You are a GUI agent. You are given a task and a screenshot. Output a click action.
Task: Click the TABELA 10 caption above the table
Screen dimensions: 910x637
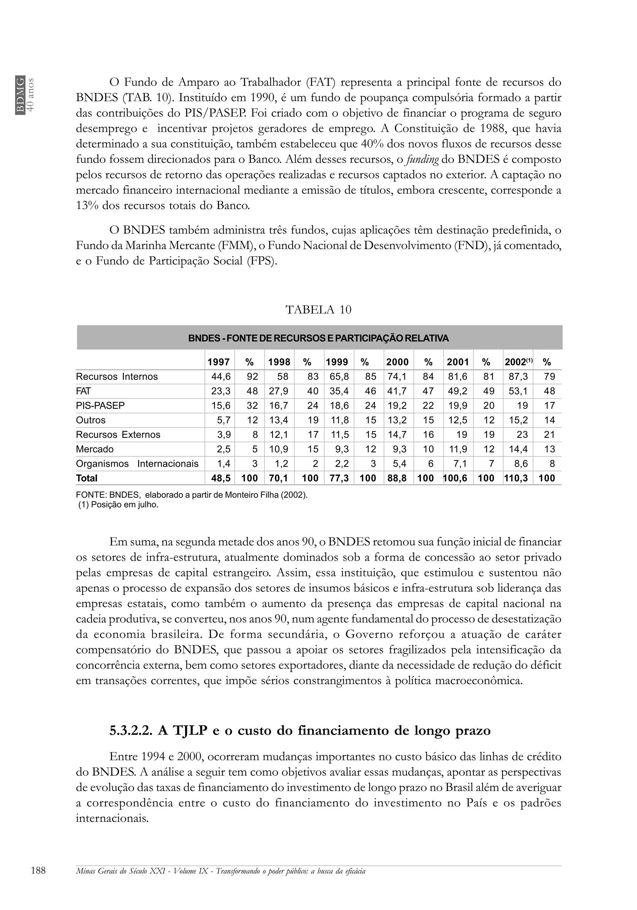click(318, 309)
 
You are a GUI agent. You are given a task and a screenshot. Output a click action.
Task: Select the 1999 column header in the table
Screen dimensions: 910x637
click(337, 362)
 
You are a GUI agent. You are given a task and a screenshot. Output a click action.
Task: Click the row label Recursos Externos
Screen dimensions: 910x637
click(118, 435)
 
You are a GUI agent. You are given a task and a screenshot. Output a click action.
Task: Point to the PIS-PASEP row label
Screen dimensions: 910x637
click(100, 406)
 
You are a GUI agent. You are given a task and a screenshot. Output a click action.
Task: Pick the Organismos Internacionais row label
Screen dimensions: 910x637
click(137, 464)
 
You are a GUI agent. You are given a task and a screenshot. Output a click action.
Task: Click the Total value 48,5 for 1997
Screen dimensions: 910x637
click(221, 478)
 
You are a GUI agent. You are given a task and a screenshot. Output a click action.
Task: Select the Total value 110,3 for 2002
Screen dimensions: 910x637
click(516, 478)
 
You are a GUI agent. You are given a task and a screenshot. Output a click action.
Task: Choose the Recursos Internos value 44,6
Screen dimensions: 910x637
click(221, 377)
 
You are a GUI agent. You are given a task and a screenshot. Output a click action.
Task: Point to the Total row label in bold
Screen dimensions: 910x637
click(86, 478)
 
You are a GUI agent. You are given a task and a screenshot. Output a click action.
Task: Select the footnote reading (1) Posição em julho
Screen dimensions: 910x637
click(118, 505)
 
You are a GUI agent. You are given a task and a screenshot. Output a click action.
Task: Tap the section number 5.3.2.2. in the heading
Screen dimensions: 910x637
click(131, 731)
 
